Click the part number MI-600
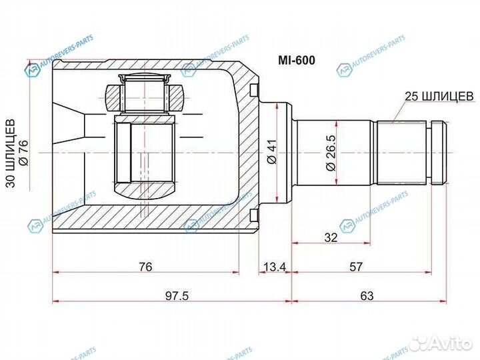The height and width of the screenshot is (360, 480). tap(296, 60)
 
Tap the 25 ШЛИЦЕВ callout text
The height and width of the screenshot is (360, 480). tap(439, 96)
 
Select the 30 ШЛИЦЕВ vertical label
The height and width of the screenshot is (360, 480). tap(11, 153)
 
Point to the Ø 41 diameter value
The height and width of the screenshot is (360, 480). tap(272, 151)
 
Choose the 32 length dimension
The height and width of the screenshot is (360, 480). tap(331, 237)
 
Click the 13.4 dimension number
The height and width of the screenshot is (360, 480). tap(275, 267)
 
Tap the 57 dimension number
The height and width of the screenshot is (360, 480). tap(356, 267)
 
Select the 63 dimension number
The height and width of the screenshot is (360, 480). tap(367, 296)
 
